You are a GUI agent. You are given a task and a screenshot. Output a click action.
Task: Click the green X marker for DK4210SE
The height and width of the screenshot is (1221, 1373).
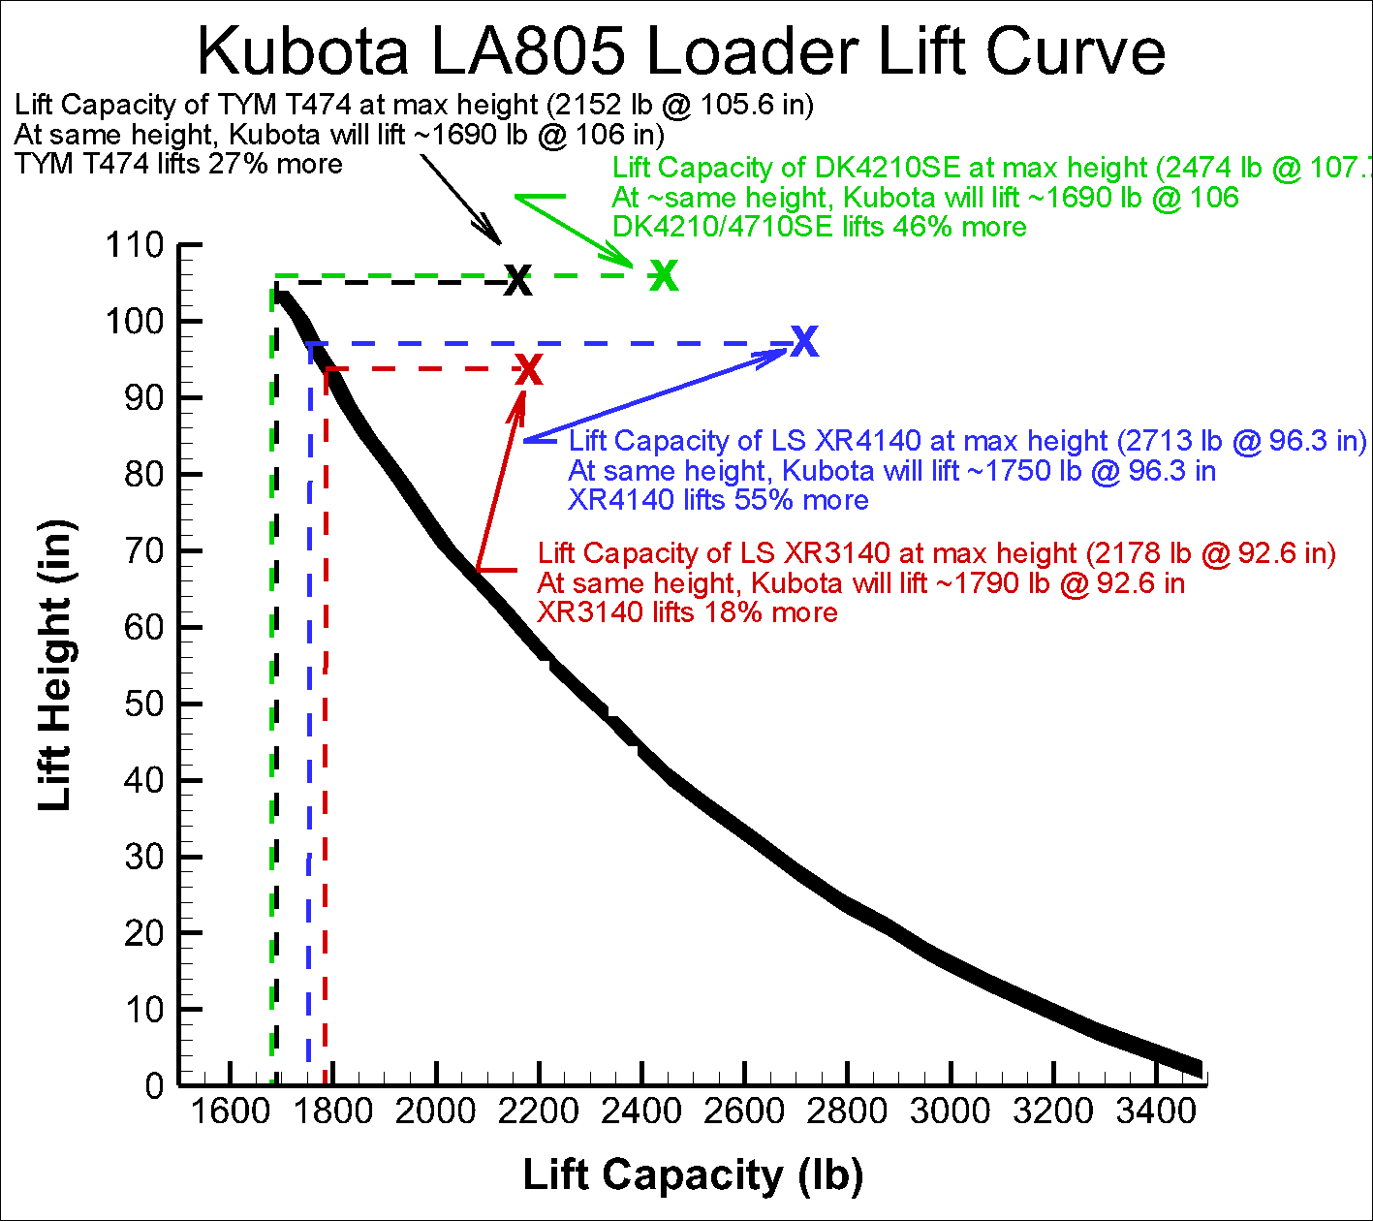[664, 275]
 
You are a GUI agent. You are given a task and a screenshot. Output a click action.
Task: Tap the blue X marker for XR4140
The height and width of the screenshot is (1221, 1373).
[804, 340]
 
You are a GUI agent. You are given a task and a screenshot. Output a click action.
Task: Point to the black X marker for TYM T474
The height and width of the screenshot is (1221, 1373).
[519, 280]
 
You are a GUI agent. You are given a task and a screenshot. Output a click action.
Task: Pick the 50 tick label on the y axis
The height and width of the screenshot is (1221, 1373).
[144, 704]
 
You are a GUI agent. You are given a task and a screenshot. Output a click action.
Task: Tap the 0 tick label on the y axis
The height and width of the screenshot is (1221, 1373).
[155, 1086]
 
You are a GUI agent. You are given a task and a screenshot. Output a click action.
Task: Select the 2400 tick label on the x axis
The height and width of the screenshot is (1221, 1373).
[640, 1111]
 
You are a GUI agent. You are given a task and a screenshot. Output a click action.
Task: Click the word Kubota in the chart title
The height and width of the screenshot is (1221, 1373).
[303, 52]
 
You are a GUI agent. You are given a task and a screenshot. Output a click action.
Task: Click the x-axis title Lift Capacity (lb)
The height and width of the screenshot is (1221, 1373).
[693, 1174]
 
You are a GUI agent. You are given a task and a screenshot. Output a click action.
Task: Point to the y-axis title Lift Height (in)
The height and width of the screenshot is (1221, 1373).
[55, 665]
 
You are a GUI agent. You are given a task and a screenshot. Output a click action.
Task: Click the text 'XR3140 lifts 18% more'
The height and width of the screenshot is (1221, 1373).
[688, 612]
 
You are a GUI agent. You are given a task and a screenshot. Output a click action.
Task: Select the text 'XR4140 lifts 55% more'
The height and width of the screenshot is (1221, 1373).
[718, 500]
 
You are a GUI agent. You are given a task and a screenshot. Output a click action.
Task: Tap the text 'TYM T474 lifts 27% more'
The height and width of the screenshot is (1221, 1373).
[178, 164]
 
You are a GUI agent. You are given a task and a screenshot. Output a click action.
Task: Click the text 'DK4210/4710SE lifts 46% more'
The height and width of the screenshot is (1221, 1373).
[820, 227]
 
